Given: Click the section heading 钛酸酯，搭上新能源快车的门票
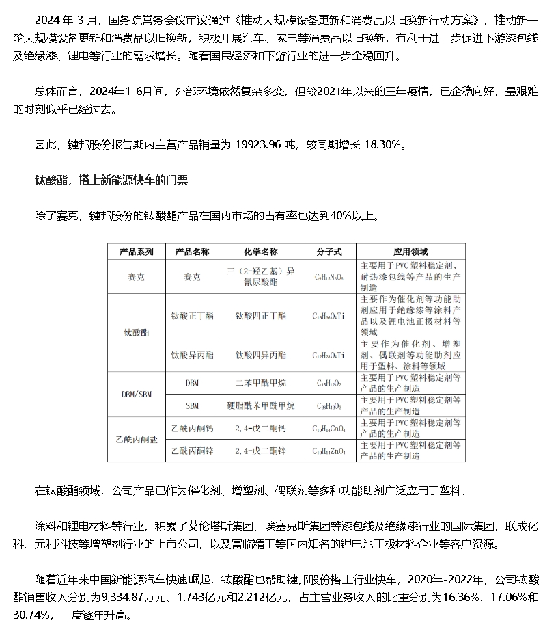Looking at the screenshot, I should pos(111,181).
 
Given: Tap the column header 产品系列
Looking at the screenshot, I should pos(137,252).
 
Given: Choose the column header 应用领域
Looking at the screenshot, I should pos(410,252).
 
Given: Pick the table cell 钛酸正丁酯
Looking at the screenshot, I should pos(192,316).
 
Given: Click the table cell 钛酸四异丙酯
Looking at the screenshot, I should pos(260,356).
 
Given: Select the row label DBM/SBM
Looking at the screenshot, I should pos(137,394).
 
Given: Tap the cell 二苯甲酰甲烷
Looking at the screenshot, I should pos(260,384).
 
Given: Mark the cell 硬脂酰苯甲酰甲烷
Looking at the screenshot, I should pos(260,405).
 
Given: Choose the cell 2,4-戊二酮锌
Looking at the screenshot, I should pos(260,451).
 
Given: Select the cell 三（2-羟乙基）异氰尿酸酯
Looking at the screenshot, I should pos(260,277).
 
